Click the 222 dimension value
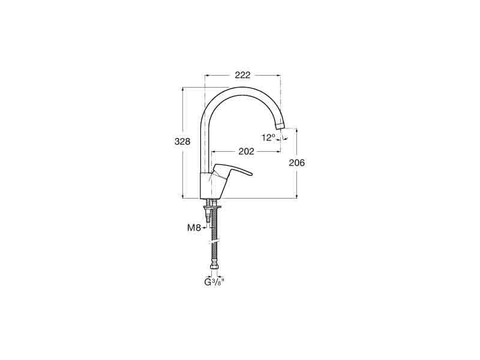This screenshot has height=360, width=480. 242,75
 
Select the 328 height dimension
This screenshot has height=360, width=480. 182,142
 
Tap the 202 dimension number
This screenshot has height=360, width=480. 247,151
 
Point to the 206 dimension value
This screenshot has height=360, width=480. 297,163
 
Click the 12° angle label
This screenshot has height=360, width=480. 269,138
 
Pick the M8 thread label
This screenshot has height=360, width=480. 194,227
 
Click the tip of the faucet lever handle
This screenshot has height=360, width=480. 251,175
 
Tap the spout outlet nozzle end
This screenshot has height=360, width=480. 280,125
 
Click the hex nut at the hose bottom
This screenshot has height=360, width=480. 214,267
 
